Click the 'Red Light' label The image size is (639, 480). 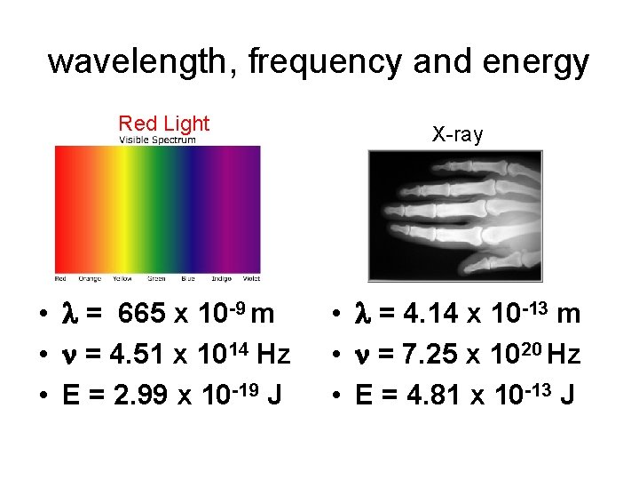164,124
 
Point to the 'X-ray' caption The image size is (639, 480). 457,135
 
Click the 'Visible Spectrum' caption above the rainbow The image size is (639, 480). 157,140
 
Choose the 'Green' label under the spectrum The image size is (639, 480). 156,278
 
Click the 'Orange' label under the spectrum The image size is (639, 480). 91,278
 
